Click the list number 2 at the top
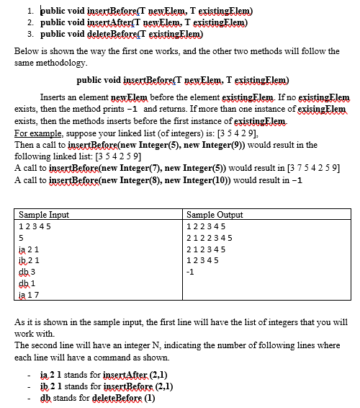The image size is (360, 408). (x=29, y=23)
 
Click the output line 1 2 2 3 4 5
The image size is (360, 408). (x=209, y=225)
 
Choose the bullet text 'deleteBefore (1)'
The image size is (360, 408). (x=122, y=397)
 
